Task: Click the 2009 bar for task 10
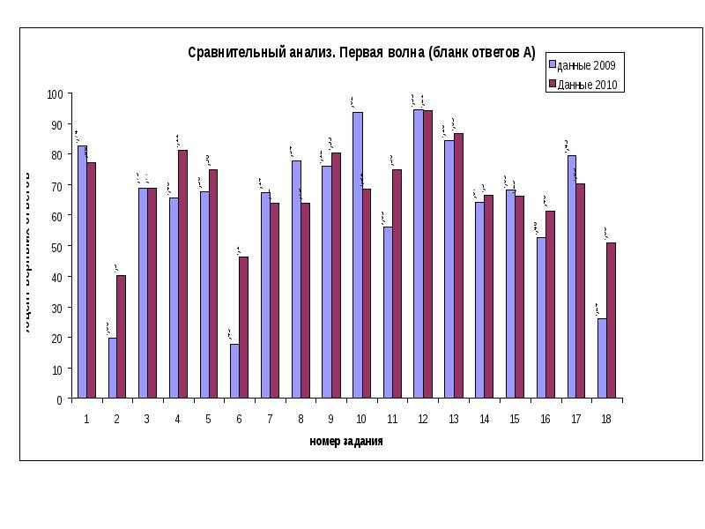pyautogui.click(x=357, y=256)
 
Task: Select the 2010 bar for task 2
pyautogui.click(x=121, y=337)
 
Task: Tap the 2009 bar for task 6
pyautogui.click(x=234, y=371)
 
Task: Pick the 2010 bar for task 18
pyautogui.click(x=611, y=321)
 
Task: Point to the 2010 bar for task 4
pyautogui.click(x=182, y=274)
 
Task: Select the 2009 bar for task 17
pyautogui.click(x=572, y=277)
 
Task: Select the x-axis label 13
pyautogui.click(x=453, y=419)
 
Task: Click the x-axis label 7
pyautogui.click(x=270, y=419)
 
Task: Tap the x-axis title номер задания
pyautogui.click(x=345, y=441)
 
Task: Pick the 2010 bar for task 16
pyautogui.click(x=550, y=305)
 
